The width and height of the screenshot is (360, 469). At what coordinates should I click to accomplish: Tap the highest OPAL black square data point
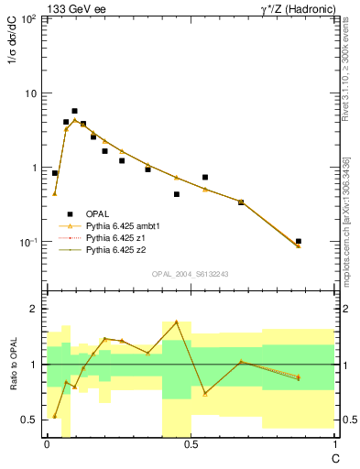(x=74, y=111)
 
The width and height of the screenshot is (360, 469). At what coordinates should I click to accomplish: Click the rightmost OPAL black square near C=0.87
(x=299, y=241)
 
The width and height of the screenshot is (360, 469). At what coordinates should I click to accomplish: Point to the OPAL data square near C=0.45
(x=177, y=194)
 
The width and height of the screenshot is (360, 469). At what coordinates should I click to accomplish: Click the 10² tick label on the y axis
(x=29, y=19)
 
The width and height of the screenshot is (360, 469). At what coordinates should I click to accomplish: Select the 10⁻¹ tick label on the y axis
(x=29, y=243)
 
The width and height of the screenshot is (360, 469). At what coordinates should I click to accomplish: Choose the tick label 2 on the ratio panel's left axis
(x=35, y=310)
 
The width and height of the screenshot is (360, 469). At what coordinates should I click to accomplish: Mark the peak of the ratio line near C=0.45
(x=176, y=322)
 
